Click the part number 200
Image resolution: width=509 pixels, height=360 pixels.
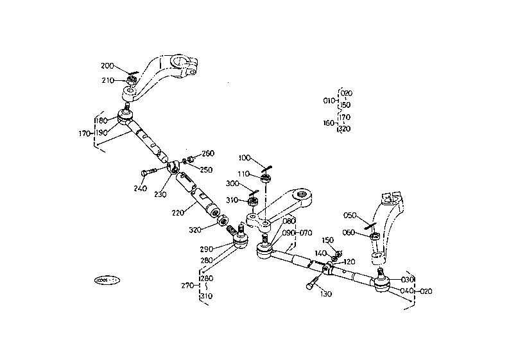click(x=107, y=66)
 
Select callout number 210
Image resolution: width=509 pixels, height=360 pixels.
click(x=107, y=80)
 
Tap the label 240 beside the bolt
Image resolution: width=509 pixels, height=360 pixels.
click(x=141, y=189)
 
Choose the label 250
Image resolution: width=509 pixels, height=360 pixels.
click(x=205, y=170)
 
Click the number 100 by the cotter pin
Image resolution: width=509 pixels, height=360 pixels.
click(x=244, y=158)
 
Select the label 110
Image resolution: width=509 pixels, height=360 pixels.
click(x=244, y=174)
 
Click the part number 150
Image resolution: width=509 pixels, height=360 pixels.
click(x=328, y=241)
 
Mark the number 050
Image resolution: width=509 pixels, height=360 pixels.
click(x=350, y=216)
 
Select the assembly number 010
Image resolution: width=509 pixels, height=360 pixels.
click(x=329, y=101)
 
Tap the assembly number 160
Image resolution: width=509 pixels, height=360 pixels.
click(x=329, y=123)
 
